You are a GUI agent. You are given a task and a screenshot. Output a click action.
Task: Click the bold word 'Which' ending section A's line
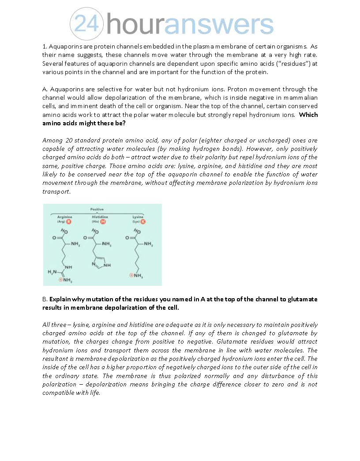click(308, 115)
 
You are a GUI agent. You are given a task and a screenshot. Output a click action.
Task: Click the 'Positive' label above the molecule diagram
click(97, 209)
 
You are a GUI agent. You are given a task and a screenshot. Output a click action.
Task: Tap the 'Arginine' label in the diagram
click(64, 217)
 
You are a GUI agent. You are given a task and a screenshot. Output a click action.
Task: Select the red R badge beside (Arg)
click(68, 221)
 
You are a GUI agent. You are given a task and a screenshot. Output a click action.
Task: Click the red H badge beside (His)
click(103, 221)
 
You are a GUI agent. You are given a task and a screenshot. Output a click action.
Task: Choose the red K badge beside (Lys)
click(143, 221)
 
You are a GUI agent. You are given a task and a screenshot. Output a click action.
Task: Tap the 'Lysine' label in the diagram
click(138, 217)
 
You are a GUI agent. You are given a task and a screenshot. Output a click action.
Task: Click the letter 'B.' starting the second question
click(45, 299)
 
